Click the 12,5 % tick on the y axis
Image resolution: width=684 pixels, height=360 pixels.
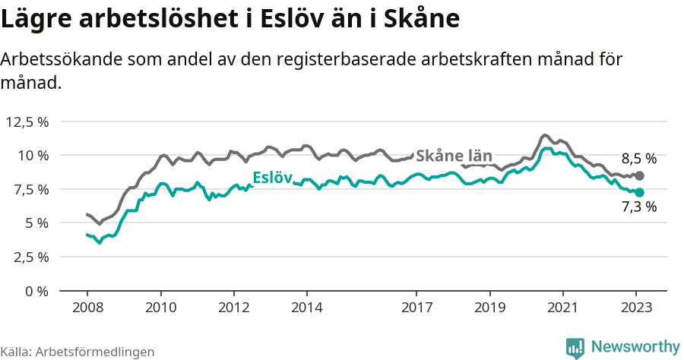(27, 122)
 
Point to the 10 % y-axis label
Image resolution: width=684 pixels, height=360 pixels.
(33, 156)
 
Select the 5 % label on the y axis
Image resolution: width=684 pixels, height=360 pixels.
(36, 223)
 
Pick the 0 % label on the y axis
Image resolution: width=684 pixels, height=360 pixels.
(36, 291)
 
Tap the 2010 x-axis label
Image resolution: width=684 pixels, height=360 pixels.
(160, 308)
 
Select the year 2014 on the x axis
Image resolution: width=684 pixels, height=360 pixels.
(307, 308)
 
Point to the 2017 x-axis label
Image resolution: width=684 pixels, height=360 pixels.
(416, 308)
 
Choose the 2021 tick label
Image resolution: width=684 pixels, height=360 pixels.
(563, 308)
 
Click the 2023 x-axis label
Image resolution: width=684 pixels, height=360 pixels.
(636, 308)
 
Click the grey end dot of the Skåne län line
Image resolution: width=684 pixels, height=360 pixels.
(639, 175)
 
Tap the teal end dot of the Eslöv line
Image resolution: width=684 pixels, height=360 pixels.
(639, 192)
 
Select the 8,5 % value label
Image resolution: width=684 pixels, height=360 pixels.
(638, 159)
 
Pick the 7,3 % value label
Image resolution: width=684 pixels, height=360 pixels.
(638, 207)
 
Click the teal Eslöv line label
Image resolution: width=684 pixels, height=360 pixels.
(272, 178)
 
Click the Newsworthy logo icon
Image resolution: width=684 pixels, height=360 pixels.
(575, 347)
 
